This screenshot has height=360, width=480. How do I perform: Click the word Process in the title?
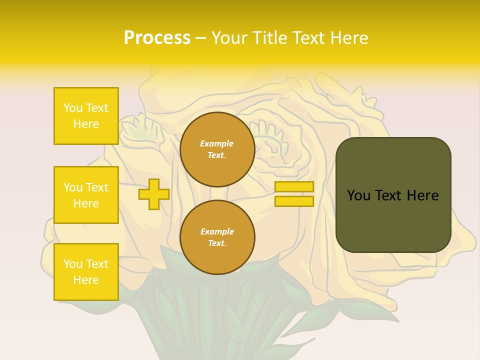[x=157, y=38]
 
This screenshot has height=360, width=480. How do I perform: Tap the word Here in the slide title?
[x=348, y=38]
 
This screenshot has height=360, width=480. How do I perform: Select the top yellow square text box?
[x=86, y=116]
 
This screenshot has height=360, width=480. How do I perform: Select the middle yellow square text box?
[x=86, y=195]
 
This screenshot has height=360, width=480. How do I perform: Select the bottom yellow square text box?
[x=86, y=272]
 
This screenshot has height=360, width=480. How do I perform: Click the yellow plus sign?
[x=154, y=194]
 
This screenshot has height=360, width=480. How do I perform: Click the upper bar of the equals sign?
[x=294, y=187]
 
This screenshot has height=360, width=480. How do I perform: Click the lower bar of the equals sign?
[x=294, y=201]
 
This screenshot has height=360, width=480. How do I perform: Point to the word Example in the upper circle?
[x=217, y=144]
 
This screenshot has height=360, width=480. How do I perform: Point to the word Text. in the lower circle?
[x=217, y=243]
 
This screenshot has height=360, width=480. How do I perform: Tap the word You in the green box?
[x=359, y=195]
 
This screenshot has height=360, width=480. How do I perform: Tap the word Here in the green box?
[x=422, y=195]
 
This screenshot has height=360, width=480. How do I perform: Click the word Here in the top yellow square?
[x=86, y=124]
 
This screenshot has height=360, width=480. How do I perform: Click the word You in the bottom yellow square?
[x=73, y=264]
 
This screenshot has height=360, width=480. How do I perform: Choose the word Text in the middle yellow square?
[x=97, y=187]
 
